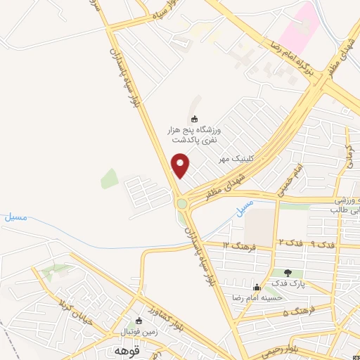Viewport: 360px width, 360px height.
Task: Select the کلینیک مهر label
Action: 235,159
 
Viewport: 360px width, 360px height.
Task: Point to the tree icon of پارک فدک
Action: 288,272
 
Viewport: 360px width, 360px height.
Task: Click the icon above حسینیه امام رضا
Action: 257,287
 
